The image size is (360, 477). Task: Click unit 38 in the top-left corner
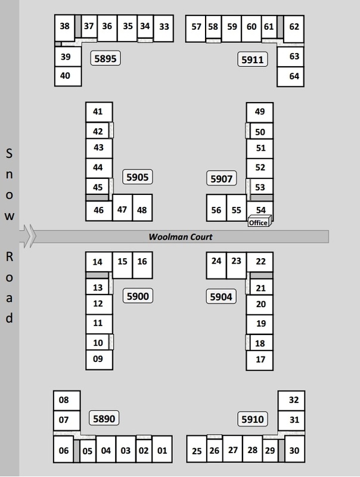click(x=64, y=26)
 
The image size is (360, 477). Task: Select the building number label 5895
click(x=105, y=58)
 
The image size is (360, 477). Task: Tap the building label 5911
click(x=252, y=60)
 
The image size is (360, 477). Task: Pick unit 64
click(x=294, y=76)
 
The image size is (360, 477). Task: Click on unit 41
click(x=98, y=111)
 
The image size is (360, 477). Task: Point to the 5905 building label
click(x=138, y=177)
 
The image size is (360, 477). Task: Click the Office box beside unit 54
click(x=258, y=222)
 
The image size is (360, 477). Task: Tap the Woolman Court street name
click(x=181, y=237)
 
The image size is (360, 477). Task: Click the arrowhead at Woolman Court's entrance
click(x=28, y=235)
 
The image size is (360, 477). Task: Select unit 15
click(x=122, y=262)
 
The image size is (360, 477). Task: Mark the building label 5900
click(x=138, y=295)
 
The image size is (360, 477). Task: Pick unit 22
click(x=260, y=261)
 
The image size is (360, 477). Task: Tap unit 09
click(x=98, y=359)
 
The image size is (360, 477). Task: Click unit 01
click(x=162, y=451)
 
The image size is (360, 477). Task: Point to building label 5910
click(x=252, y=420)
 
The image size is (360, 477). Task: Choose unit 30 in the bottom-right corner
click(x=294, y=451)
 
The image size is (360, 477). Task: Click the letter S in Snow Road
click(x=9, y=153)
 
